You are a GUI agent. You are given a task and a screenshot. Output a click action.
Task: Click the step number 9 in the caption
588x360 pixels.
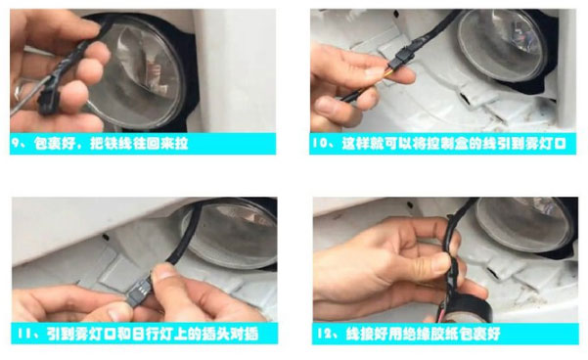16,143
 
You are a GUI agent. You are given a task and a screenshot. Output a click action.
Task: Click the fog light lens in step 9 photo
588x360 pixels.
138,72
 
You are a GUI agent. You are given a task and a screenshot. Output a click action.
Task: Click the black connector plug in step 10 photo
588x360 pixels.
397,64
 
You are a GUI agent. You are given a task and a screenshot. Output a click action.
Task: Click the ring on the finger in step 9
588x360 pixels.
19,93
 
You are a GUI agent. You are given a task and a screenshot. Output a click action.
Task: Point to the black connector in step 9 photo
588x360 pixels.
46,98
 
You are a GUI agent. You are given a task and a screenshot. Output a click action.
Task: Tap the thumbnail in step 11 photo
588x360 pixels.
162,271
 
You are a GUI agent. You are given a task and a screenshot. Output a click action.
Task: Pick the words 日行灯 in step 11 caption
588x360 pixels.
153,334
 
